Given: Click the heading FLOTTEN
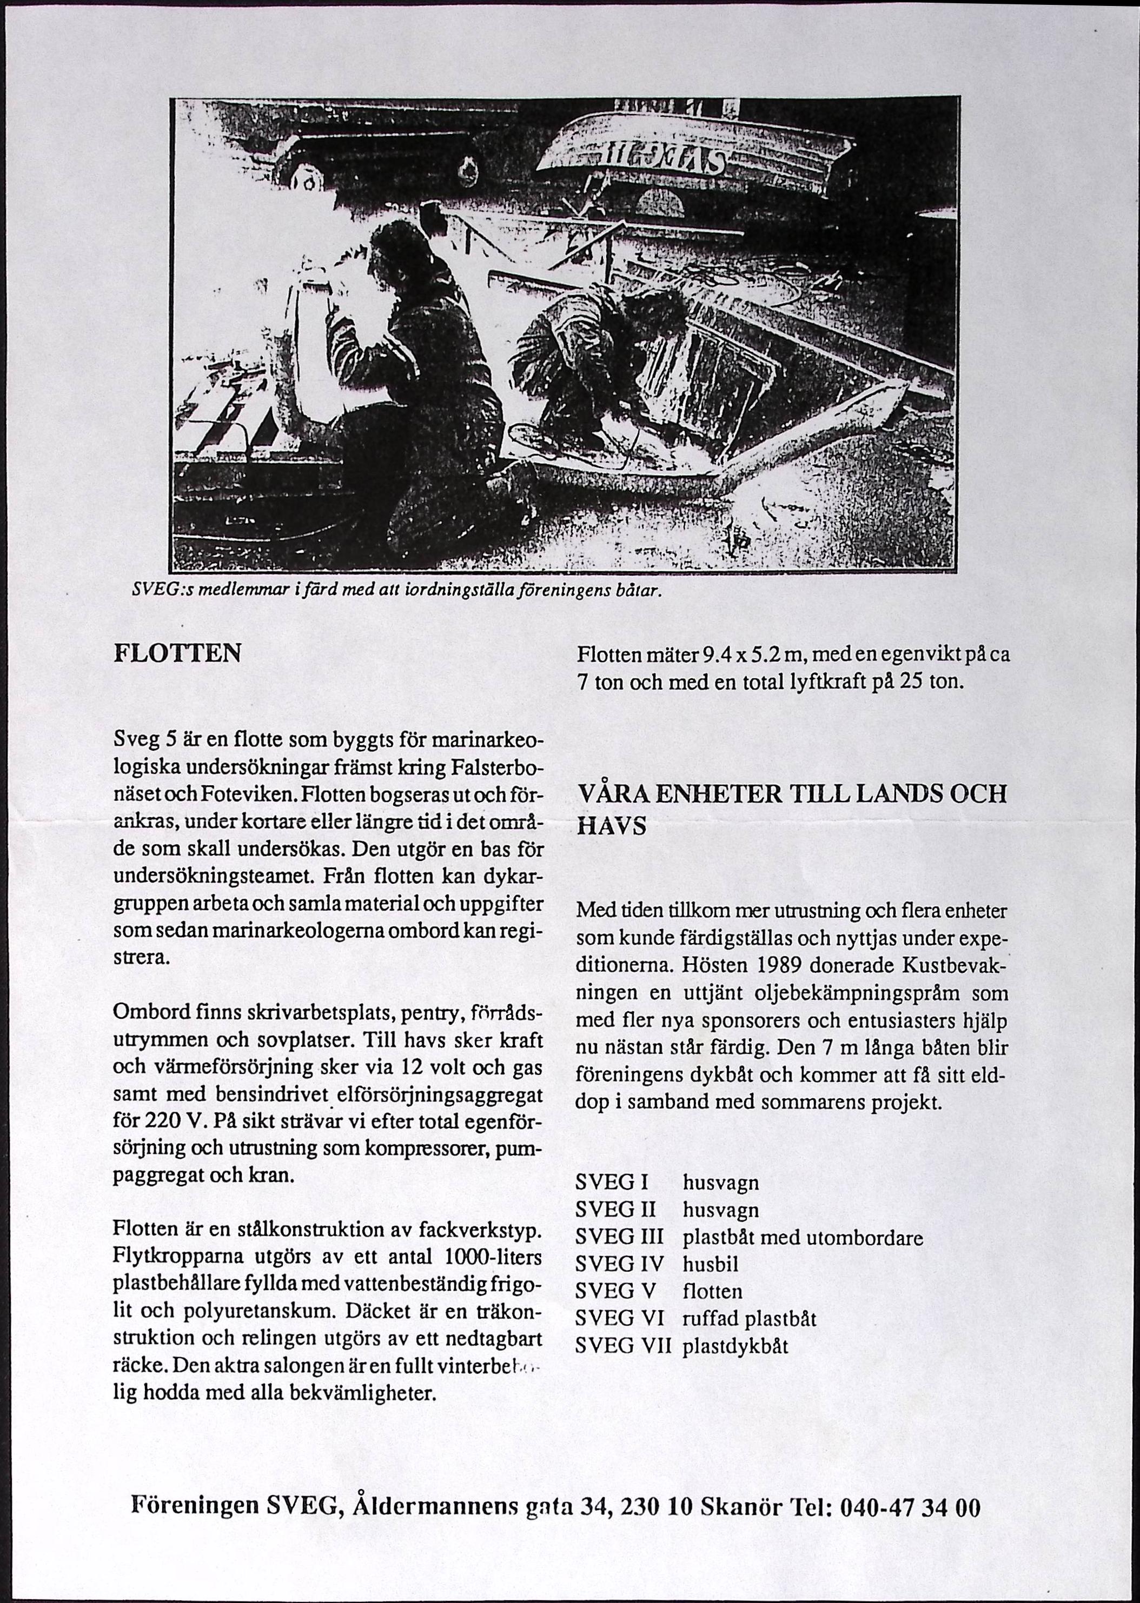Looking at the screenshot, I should pos(177,654).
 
